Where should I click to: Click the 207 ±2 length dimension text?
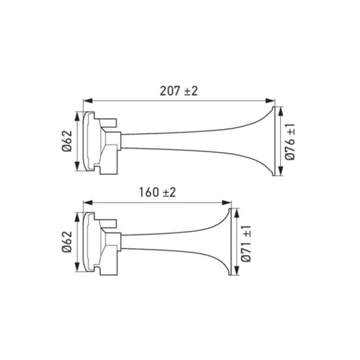click(x=179, y=91)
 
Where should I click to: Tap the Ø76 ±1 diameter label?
click(x=292, y=142)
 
